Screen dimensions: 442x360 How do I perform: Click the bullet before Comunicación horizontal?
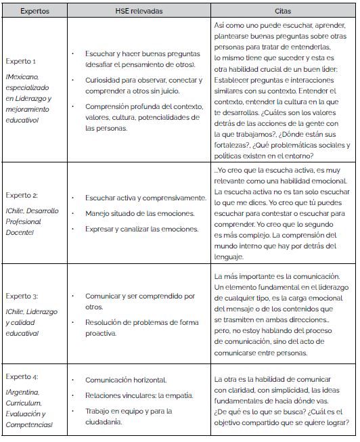(72, 380)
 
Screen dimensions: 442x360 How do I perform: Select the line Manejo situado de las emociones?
(140, 213)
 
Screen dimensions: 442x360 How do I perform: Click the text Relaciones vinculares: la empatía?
(139, 395)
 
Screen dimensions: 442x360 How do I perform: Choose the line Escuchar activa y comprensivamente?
(145, 198)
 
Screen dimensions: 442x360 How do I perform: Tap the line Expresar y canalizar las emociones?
(141, 229)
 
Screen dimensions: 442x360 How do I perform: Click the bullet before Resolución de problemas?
(72, 322)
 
